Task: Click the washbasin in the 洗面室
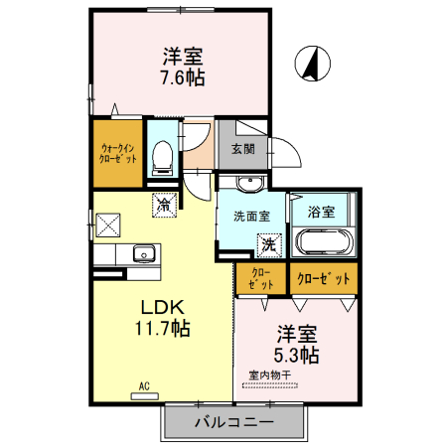point(249,184)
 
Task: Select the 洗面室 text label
point(251,215)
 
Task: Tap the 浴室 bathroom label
point(321,212)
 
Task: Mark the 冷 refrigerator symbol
point(163,206)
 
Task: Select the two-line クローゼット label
point(260,279)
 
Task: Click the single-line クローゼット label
point(325,279)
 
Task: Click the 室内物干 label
point(269,375)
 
